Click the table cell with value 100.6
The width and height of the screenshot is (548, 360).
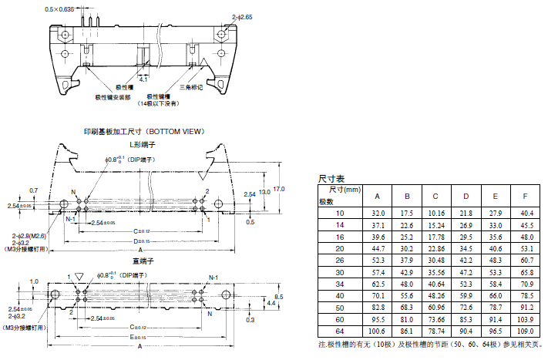coord(378,331)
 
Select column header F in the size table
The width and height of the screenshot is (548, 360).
coord(525,194)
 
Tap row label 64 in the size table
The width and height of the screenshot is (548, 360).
coord(329,331)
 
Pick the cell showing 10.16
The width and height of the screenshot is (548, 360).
coord(435,212)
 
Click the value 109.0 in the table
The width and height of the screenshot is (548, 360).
coord(525,331)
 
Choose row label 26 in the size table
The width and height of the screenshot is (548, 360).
coord(329,260)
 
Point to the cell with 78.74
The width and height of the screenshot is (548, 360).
coord(435,331)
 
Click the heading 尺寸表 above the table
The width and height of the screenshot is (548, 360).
coord(331,179)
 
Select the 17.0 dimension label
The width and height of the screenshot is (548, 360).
coord(279,188)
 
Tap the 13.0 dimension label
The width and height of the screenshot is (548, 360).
coord(265,191)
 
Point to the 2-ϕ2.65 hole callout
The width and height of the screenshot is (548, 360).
coord(220,15)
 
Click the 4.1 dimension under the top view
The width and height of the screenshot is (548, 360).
coord(143,79)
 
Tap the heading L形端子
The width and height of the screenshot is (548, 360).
coord(143,144)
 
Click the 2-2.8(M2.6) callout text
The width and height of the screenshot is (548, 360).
coord(29,236)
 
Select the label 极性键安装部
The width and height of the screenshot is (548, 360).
coord(113,97)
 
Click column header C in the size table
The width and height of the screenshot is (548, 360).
coord(435,194)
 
